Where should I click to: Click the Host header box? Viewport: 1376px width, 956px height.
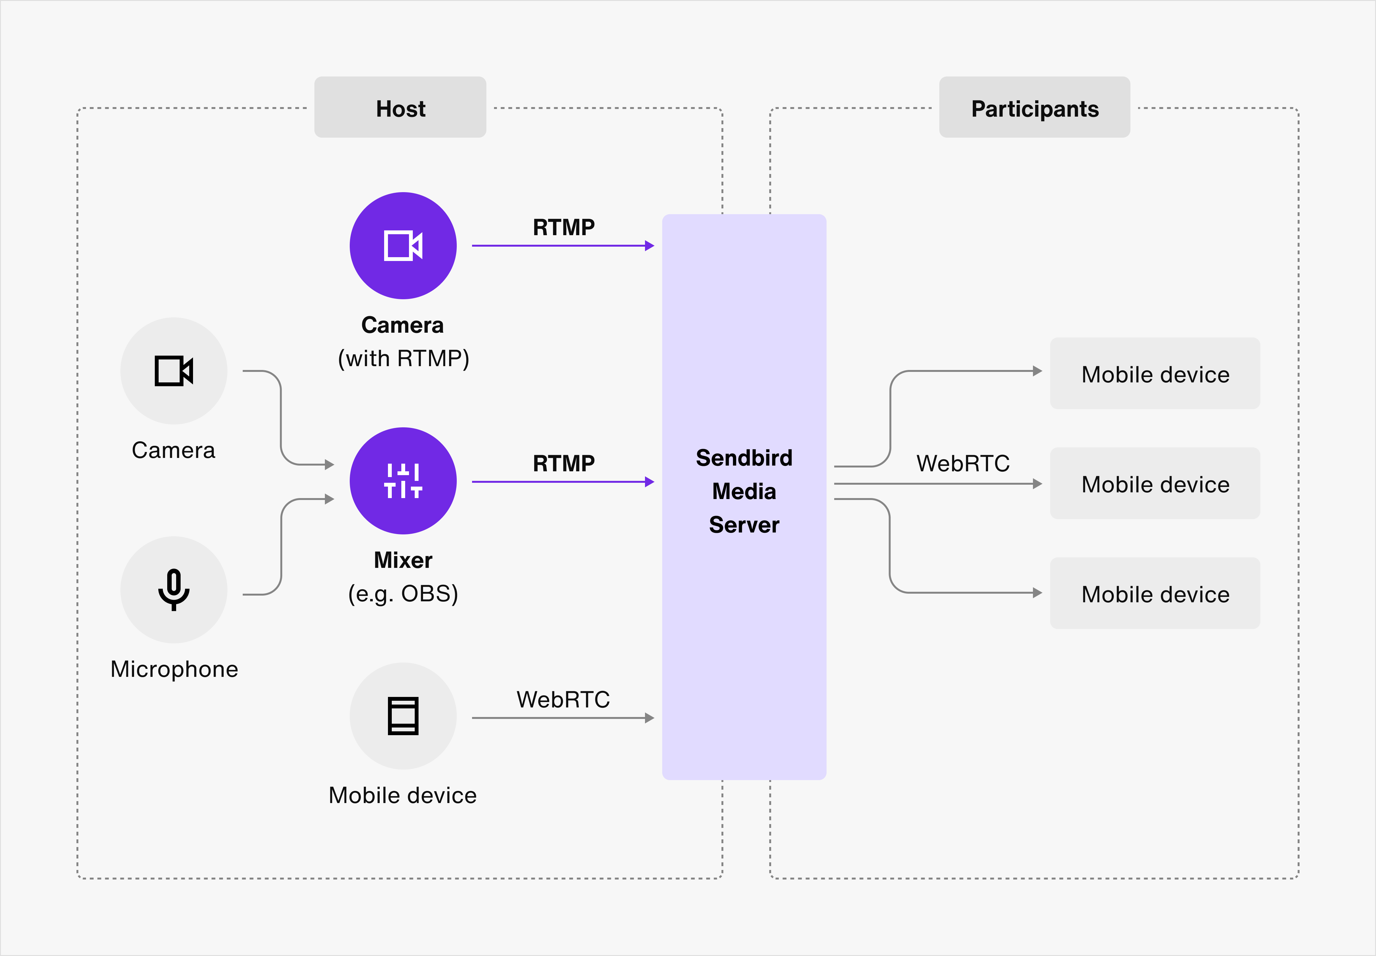pyautogui.click(x=400, y=108)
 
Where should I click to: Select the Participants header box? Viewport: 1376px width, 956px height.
pyautogui.click(x=1034, y=108)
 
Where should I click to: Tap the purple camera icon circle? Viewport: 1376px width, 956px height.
pyautogui.click(x=403, y=246)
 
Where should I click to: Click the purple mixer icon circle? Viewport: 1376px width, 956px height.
pyautogui.click(x=403, y=481)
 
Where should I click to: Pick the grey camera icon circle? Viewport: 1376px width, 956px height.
pyautogui.click(x=174, y=371)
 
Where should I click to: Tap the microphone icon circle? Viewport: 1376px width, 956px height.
pyautogui.click(x=174, y=590)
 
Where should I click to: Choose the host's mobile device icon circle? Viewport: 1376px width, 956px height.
pyautogui.click(x=403, y=716)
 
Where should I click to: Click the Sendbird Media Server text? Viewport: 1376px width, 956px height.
pyautogui.click(x=744, y=491)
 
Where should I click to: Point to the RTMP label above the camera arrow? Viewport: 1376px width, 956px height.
pyautogui.click(x=563, y=228)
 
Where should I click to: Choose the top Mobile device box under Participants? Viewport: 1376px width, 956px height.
pyautogui.click(x=1155, y=374)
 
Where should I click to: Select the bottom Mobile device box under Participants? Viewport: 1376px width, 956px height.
pyautogui.click(x=1155, y=594)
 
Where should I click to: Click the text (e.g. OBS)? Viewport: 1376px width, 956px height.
pyautogui.click(x=403, y=594)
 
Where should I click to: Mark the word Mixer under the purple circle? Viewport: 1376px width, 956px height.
pyautogui.click(x=403, y=560)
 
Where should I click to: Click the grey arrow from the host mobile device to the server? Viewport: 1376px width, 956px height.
pyautogui.click(x=563, y=718)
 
